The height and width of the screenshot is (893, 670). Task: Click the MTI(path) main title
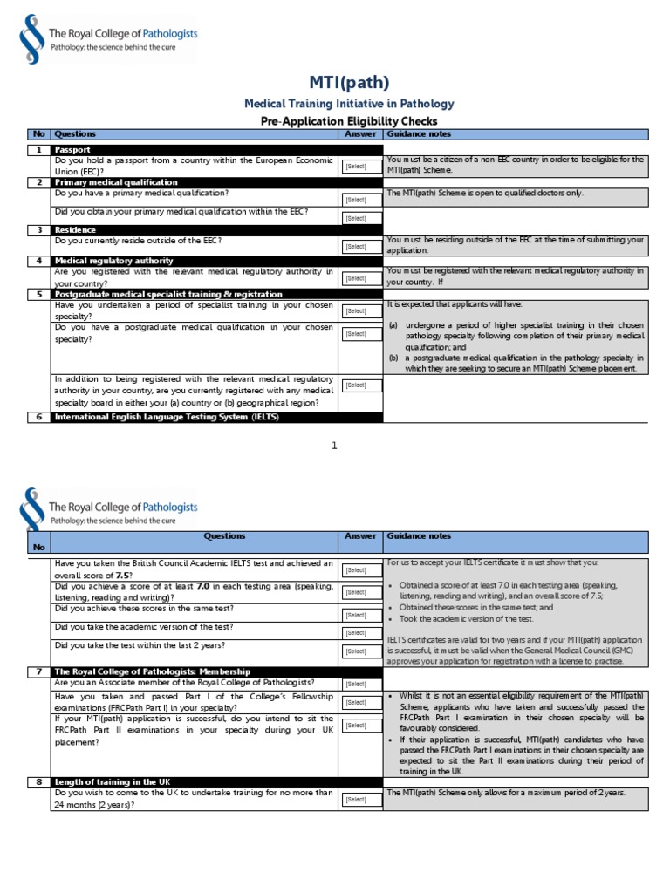pyautogui.click(x=349, y=83)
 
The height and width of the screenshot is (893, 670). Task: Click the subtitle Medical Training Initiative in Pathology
pyautogui.click(x=349, y=104)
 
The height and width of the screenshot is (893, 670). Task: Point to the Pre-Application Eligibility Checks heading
pyautogui.click(x=349, y=121)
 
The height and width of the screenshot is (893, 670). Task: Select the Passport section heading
pyautogui.click(x=72, y=150)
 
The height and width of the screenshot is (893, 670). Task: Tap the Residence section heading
pyautogui.click(x=76, y=229)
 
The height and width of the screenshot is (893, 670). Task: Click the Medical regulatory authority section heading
pyautogui.click(x=113, y=261)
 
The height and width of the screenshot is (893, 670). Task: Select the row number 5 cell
pyautogui.click(x=38, y=295)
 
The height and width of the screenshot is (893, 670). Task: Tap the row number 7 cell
pyautogui.click(x=38, y=671)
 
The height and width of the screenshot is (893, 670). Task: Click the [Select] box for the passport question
pyautogui.click(x=360, y=166)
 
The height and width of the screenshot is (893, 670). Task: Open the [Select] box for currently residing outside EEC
pyautogui.click(x=360, y=247)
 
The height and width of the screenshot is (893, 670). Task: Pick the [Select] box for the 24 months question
pyautogui.click(x=360, y=799)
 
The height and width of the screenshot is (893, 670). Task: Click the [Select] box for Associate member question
pyautogui.click(x=360, y=684)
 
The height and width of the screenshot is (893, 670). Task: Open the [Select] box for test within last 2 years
pyautogui.click(x=360, y=651)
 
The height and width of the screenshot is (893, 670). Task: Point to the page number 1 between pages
pyautogui.click(x=334, y=446)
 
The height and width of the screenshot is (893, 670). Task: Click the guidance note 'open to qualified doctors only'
pyautogui.click(x=485, y=193)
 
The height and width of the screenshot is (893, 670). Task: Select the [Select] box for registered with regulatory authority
pyautogui.click(x=360, y=278)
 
